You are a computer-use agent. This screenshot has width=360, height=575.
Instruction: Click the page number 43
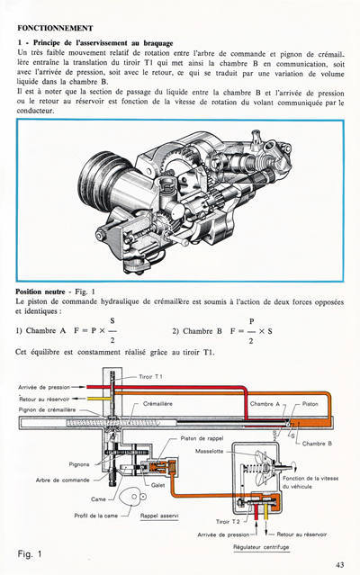pyautogui.click(x=339, y=564)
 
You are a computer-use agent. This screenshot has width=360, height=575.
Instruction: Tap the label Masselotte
pyautogui.click(x=226, y=452)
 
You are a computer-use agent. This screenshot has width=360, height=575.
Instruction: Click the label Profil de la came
pyautogui.click(x=96, y=516)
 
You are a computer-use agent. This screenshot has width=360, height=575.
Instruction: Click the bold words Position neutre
pyautogui.click(x=46, y=292)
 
